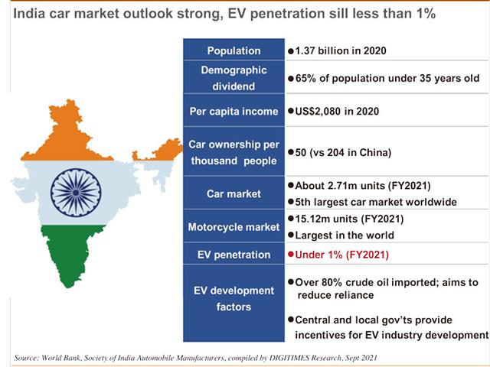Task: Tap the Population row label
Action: [233, 50]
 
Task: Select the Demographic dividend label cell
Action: [233, 79]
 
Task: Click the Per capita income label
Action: [233, 112]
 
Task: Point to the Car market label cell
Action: [233, 194]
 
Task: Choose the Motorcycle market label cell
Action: [233, 227]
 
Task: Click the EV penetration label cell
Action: [233, 253]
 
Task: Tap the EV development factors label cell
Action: [233, 298]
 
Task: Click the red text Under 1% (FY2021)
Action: [342, 253]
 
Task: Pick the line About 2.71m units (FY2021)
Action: [358, 186]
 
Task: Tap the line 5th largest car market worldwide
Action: [375, 203]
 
